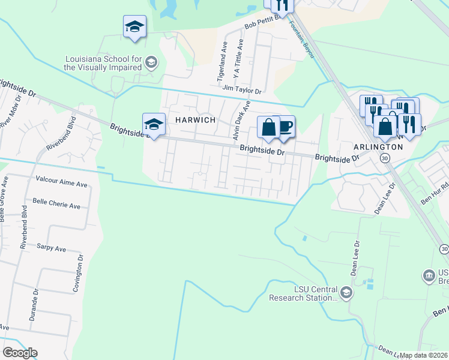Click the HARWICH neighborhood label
tap(194, 120)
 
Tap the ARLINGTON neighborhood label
tap(378, 147)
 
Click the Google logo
tap(20, 353)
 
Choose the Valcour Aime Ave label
tap(62, 179)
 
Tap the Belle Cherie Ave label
tap(56, 205)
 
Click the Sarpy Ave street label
tap(51, 247)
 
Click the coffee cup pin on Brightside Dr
tap(284, 127)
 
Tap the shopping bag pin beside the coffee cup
tap(268, 127)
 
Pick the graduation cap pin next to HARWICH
tap(154, 124)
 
